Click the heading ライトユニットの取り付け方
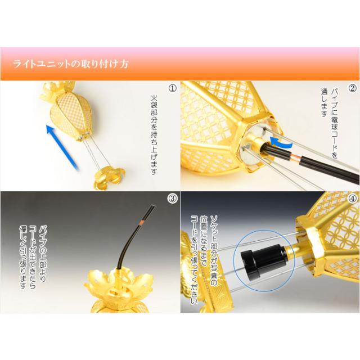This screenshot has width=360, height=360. tap(71, 64)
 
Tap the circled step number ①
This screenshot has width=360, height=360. tap(173, 88)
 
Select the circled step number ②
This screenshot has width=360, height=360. tap(353, 88)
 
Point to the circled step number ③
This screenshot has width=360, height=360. tap(173, 199)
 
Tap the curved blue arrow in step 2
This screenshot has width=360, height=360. tap(281, 142)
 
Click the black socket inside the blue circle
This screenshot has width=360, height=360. tap(264, 260)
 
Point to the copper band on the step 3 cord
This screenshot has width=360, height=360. tap(141, 222)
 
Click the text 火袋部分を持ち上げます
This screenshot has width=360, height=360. tap(154, 135)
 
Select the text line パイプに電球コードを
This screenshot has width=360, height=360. tap(334, 124)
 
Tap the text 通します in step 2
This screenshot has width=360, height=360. tap(324, 103)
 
